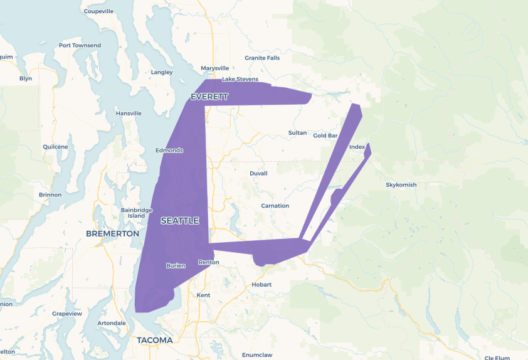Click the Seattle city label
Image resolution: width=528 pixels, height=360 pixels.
coord(180,221)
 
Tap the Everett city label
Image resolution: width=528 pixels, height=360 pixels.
coord(209,97)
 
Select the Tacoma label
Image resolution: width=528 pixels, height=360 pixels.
coord(154,340)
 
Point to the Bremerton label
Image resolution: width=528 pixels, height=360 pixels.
coord(112,233)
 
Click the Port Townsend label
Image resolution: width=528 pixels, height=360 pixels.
coord(80,46)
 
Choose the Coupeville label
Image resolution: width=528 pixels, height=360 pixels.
coord(98,11)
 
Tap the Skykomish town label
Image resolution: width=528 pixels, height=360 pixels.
coord(401,185)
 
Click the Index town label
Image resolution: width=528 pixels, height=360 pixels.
coord(357,147)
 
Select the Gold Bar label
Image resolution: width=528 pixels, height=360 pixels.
coord(325,135)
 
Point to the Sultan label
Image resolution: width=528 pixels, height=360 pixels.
coord(297,133)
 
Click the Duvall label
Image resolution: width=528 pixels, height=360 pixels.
coord(258,173)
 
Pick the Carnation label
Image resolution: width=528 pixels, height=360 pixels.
coord(275,206)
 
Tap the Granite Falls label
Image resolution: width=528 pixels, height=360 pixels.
coord(262,58)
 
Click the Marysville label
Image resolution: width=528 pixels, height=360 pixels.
coord(215,68)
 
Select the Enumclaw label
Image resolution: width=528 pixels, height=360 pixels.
coord(257,355)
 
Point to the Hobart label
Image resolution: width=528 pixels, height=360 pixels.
coord(261,285)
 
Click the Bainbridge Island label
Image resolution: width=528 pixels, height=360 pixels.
coord(136,213)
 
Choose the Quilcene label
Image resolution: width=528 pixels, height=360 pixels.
coord(55,147)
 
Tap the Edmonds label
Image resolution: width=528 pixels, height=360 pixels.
coord(169,151)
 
